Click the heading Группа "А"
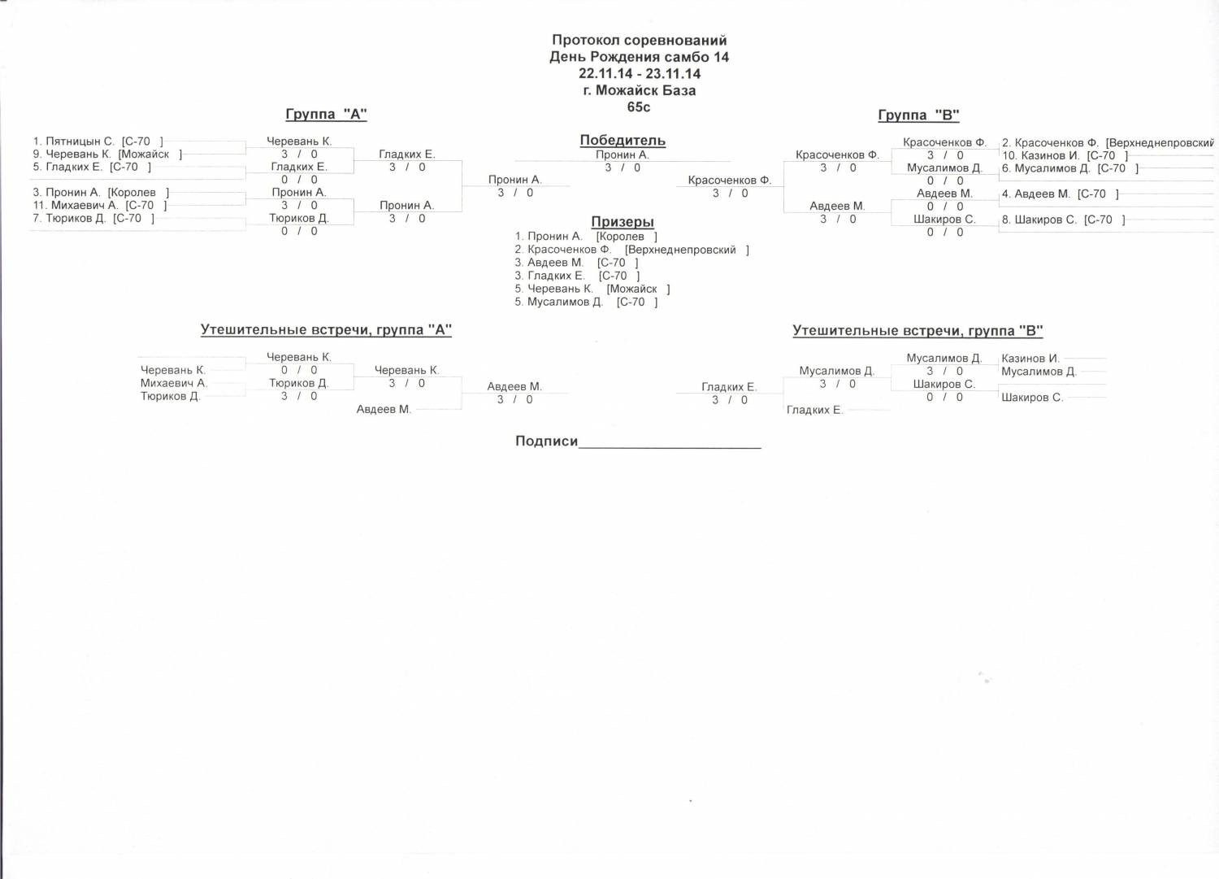click(x=326, y=115)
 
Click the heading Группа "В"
click(x=918, y=115)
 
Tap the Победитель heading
click(x=623, y=141)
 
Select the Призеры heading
click(x=623, y=222)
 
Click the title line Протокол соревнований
click(x=640, y=41)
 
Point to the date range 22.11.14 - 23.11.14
click(x=640, y=73)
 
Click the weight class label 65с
click(x=639, y=107)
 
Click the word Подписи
click(x=546, y=442)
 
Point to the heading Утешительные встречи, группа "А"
click(x=326, y=330)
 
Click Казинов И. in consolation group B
click(x=1030, y=359)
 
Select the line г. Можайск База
click(x=640, y=90)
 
